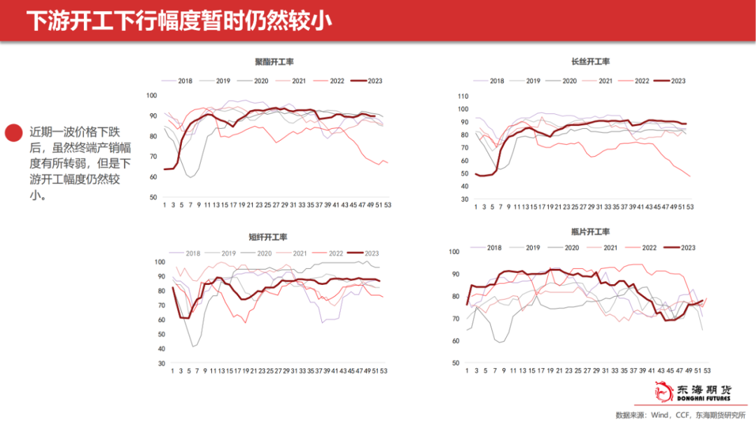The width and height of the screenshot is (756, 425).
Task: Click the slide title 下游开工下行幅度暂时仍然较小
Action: pyautogui.click(x=178, y=21)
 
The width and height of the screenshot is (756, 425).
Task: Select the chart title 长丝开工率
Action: pyautogui.click(x=590, y=62)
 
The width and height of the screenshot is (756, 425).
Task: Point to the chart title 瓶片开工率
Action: pyautogui.click(x=590, y=232)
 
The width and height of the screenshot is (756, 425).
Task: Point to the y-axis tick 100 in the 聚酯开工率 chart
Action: pyautogui.click(x=152, y=96)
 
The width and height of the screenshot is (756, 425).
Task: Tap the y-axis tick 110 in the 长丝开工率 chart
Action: pyautogui.click(x=462, y=96)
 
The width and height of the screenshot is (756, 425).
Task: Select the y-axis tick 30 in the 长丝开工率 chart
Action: pyautogui.click(x=462, y=199)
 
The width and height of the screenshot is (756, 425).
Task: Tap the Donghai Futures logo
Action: pyautogui.click(x=692, y=393)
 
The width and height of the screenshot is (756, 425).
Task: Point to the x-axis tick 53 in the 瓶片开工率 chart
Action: pyautogui.click(x=708, y=370)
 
